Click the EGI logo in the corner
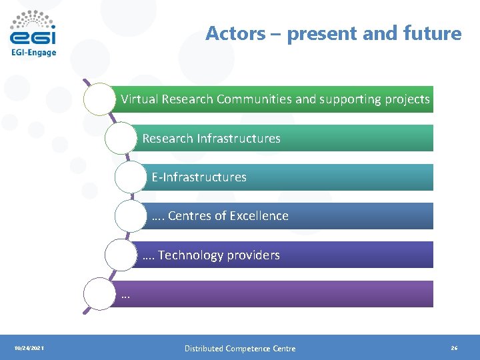(33, 28)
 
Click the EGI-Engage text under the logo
(34, 53)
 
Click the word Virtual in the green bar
(139, 99)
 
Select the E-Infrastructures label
(199, 177)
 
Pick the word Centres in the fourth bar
(188, 216)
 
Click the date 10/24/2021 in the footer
(29, 349)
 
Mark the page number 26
(454, 349)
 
